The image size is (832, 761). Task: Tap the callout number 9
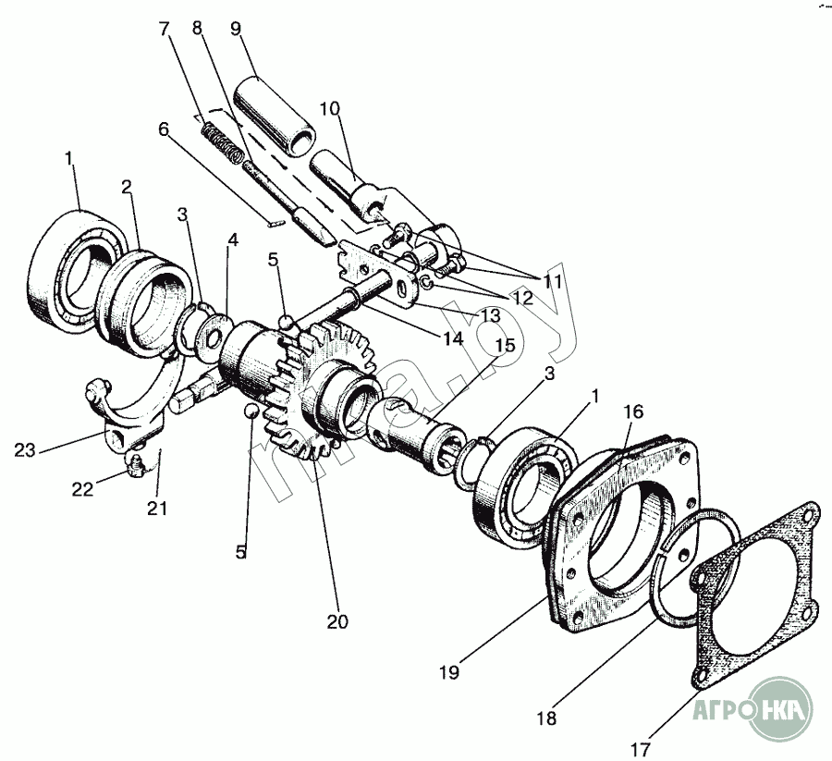tap(235, 27)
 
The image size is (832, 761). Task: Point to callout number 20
tap(338, 621)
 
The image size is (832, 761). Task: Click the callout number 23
tap(26, 451)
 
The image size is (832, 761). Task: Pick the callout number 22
tap(83, 490)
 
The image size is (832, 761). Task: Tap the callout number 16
tap(632, 411)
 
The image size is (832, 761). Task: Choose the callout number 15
tap(505, 345)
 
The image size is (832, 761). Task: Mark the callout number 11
tap(552, 279)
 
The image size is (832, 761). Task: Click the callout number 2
tap(127, 187)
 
